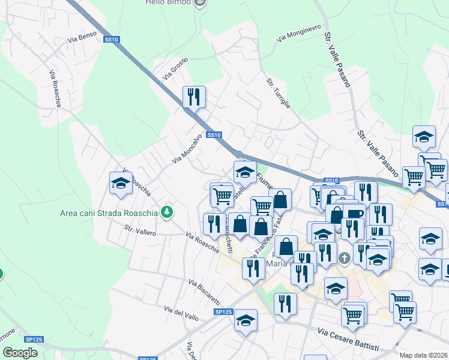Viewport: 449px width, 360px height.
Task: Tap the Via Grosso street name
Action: pyautogui.click(x=175, y=69)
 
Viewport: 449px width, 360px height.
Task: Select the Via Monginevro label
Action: pyautogui.click(x=299, y=33)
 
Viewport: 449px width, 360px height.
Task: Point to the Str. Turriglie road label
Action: pyautogui.click(x=279, y=92)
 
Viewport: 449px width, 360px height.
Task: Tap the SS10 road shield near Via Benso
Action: pyautogui.click(x=112, y=40)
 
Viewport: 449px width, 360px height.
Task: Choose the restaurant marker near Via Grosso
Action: pyautogui.click(x=194, y=97)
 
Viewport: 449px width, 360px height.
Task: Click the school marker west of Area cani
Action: pyautogui.click(x=121, y=183)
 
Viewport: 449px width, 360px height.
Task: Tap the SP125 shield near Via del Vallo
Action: pyautogui.click(x=223, y=312)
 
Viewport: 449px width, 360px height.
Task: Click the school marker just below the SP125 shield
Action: pyautogui.click(x=246, y=320)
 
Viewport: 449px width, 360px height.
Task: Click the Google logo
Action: pyautogui.click(x=20, y=353)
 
